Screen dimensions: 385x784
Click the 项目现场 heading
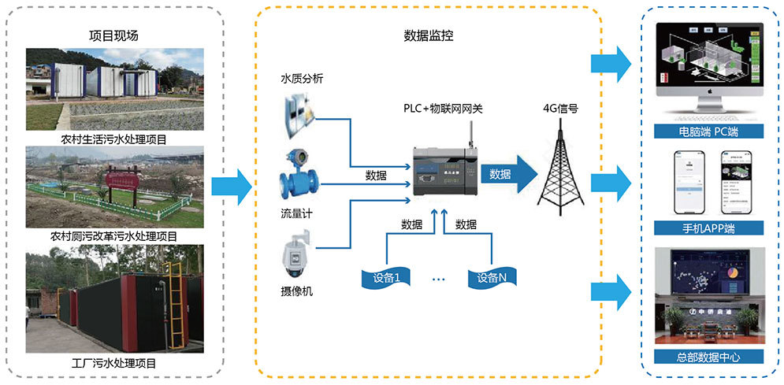point(115,35)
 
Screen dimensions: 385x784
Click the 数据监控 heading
point(428,35)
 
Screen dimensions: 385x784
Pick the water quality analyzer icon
point(299,110)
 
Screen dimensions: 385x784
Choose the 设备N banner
point(492,277)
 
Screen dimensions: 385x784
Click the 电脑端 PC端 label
point(708,130)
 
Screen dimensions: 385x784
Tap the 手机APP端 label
point(708,228)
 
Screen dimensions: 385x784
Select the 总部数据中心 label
point(708,357)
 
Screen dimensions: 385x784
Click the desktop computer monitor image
point(708,63)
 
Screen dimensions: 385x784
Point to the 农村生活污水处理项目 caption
point(115,139)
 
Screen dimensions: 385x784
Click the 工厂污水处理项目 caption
point(115,363)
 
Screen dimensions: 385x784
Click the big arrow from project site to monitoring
point(232,186)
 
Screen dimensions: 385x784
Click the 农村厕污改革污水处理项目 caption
point(115,235)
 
